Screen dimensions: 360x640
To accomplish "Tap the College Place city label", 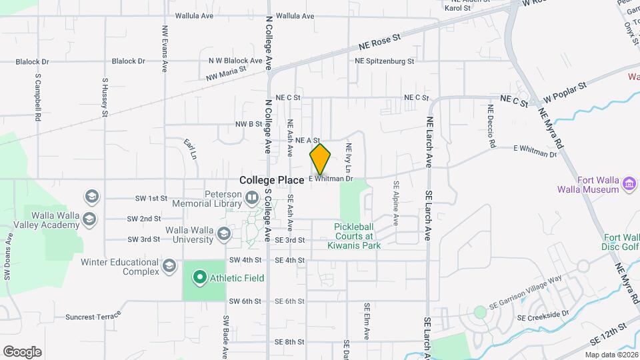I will (272, 180).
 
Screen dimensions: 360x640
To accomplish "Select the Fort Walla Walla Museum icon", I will (629, 183).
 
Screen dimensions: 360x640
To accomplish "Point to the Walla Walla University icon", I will (224, 233).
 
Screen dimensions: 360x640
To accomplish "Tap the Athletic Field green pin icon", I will (199, 277).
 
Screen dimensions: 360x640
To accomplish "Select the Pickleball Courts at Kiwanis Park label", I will (363, 236).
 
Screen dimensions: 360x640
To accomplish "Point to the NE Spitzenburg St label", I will (385, 61).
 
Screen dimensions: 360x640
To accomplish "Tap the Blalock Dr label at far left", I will (33, 61).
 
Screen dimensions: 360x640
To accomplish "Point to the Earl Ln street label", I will (190, 149).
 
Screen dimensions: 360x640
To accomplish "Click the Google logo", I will (22, 352).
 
